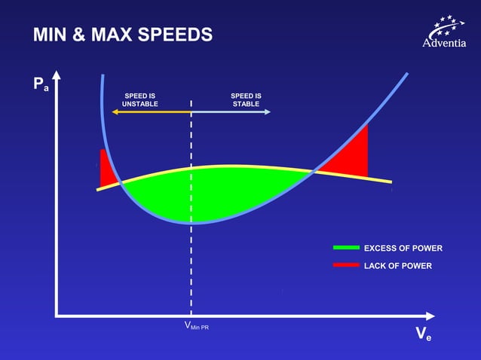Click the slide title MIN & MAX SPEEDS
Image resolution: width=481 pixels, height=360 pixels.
pos(123,35)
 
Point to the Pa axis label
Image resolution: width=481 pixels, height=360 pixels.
pos(41,84)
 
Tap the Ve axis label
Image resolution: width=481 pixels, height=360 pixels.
pos(423,335)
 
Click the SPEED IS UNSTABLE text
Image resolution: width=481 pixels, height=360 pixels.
pos(140,100)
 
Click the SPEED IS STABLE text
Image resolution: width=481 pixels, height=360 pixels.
pos(246,100)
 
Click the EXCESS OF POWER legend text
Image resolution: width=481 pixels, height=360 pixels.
pos(403,249)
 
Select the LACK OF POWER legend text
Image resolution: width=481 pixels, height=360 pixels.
pos(397,266)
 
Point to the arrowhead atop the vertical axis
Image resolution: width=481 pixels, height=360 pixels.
pos(57,76)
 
